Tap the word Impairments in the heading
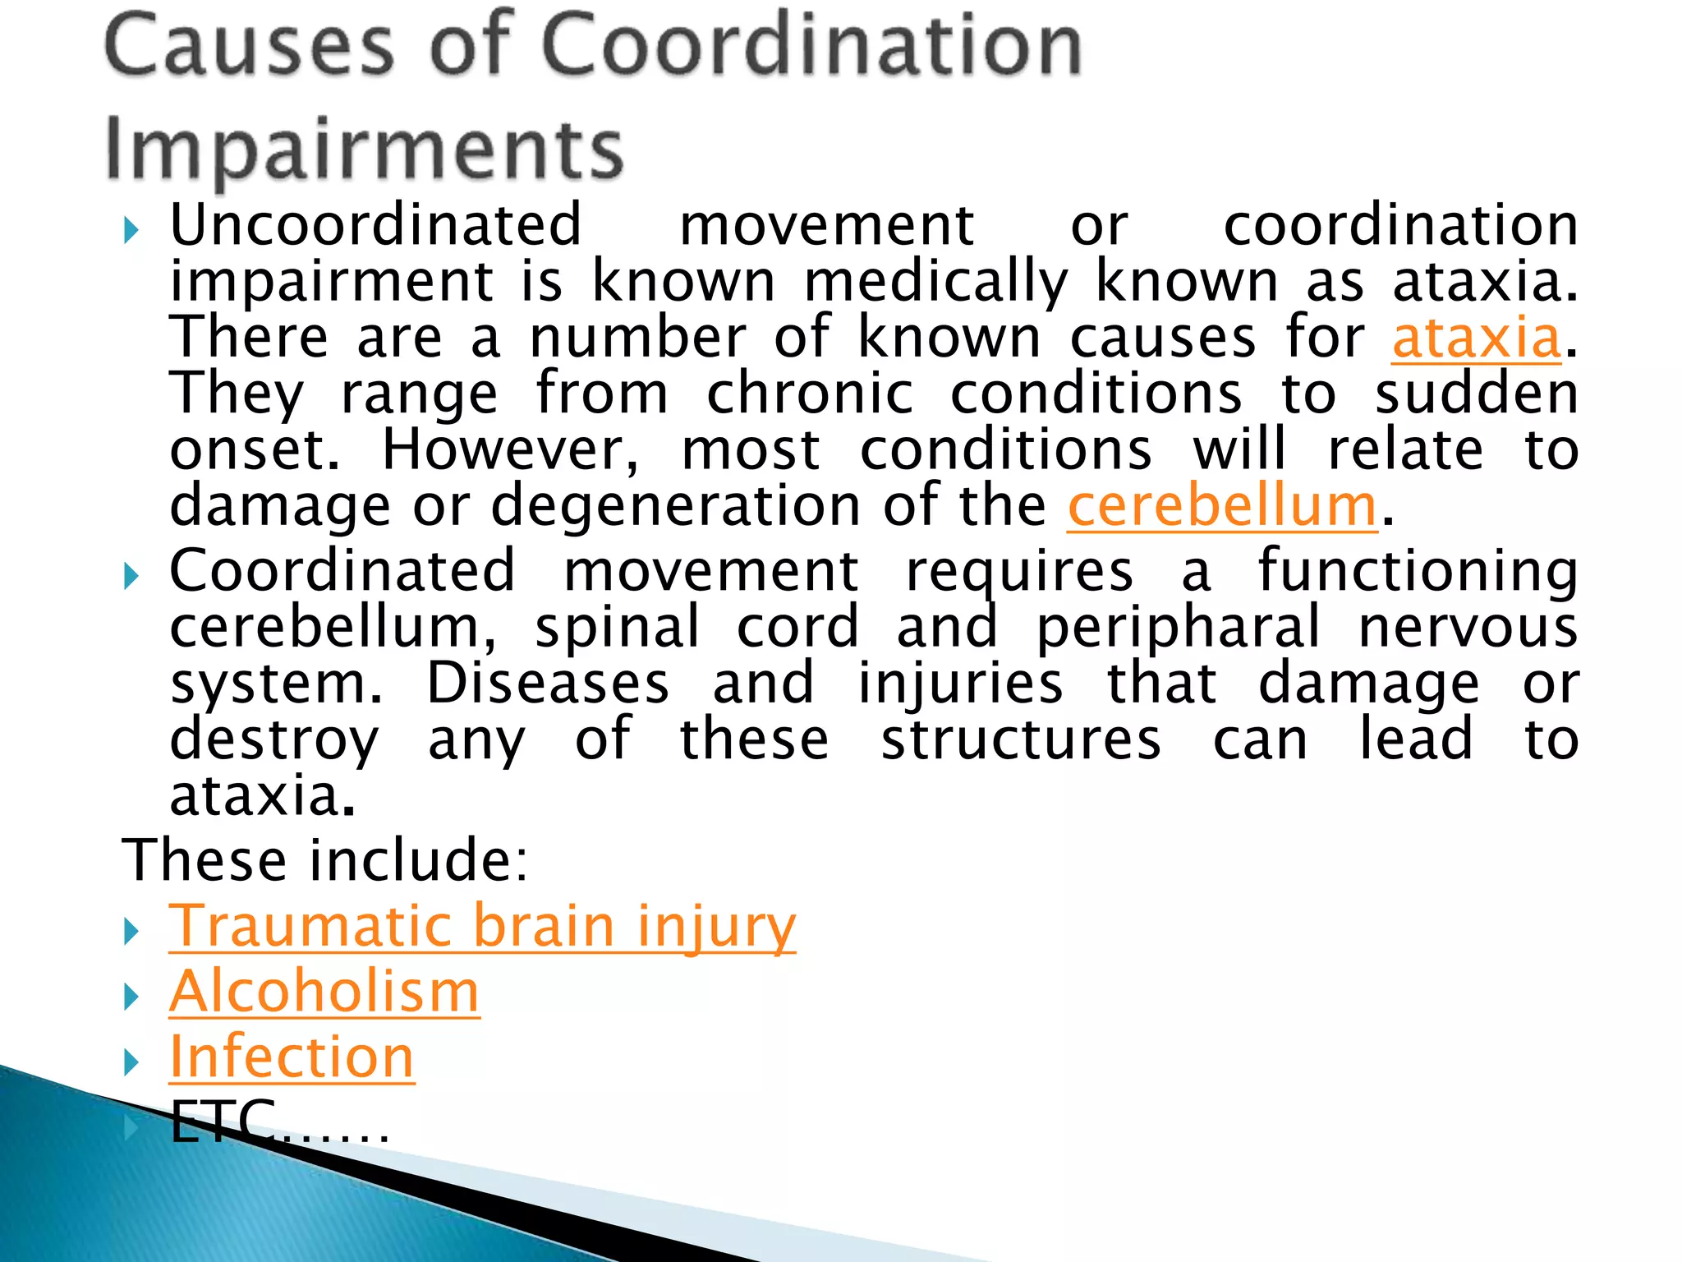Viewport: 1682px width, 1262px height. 364,150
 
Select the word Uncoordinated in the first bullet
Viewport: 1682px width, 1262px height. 375,225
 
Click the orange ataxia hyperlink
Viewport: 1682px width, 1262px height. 1476,338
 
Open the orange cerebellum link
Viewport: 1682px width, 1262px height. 1221,506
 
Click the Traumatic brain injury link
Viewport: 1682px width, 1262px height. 482,926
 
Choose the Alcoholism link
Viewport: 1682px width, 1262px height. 324,992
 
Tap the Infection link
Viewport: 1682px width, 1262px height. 292,1057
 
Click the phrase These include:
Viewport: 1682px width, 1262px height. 325,860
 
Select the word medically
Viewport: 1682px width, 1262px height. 935,282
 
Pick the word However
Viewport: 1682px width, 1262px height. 510,450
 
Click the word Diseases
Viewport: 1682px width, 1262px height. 548,684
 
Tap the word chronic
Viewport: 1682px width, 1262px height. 809,394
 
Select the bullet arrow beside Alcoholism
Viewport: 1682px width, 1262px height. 131,997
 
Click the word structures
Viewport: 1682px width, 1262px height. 1021,739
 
